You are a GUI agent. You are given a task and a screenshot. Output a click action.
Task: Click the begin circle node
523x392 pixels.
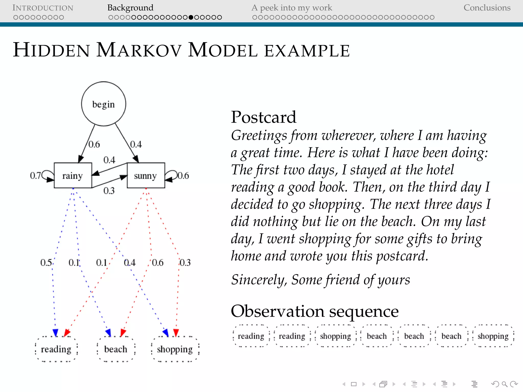pyautogui.click(x=103, y=104)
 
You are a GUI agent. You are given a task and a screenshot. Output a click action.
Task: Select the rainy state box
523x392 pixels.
pyautogui.click(x=73, y=176)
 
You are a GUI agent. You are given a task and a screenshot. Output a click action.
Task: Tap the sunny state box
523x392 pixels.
pyautogui.click(x=146, y=176)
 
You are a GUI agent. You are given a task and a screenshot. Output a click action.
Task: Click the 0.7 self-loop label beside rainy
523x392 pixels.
pyautogui.click(x=35, y=176)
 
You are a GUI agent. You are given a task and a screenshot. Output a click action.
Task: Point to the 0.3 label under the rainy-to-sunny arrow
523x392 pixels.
pyautogui.click(x=109, y=191)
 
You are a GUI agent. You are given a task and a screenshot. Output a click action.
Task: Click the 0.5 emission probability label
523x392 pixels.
pyautogui.click(x=46, y=263)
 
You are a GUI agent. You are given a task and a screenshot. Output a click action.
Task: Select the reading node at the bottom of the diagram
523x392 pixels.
pyautogui.click(x=56, y=349)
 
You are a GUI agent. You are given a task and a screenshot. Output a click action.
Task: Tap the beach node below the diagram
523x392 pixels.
pyautogui.click(x=116, y=349)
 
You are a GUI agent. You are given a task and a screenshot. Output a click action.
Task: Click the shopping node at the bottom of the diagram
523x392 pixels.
pyautogui.click(x=175, y=349)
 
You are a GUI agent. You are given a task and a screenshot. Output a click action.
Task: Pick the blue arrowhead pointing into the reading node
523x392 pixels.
pyautogui.click(x=55, y=333)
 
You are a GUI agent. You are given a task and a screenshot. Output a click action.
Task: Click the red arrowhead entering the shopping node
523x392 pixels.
pyautogui.click(x=176, y=333)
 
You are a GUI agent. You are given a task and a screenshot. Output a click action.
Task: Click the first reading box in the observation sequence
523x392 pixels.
pyautogui.click(x=251, y=336)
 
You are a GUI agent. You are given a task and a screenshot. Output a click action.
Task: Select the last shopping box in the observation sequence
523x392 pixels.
pyautogui.click(x=493, y=336)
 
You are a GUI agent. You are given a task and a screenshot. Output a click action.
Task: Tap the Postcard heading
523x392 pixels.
pyautogui.click(x=264, y=117)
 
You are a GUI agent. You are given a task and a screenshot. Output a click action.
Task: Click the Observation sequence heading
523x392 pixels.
pyautogui.click(x=315, y=311)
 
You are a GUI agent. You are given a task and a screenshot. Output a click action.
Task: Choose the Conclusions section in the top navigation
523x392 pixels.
pyautogui.click(x=487, y=8)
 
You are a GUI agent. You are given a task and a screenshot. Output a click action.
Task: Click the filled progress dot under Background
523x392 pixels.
pyautogui.click(x=191, y=17)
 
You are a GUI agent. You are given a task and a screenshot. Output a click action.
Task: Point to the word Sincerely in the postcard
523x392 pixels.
pyautogui.click(x=258, y=280)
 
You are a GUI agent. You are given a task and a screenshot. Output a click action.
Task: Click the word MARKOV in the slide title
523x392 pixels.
pyautogui.click(x=139, y=50)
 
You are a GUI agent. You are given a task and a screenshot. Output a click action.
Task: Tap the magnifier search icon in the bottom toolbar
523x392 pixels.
pyautogui.click(x=504, y=384)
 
